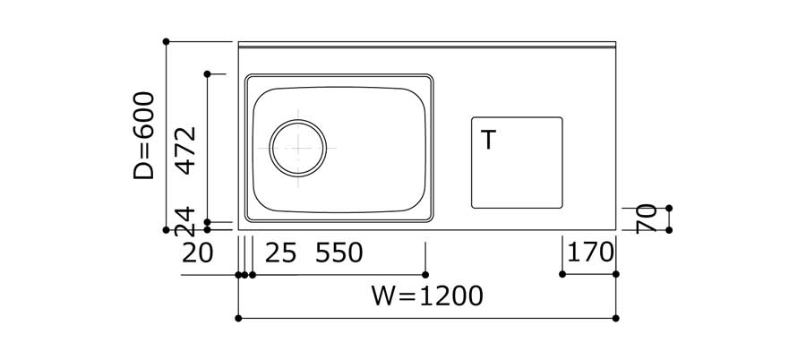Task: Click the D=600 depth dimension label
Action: [x=144, y=135]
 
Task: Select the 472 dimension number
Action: [x=185, y=150]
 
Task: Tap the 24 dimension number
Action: [x=185, y=220]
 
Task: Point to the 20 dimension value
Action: [x=197, y=253]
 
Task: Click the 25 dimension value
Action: [x=280, y=253]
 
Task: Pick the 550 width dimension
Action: [x=339, y=253]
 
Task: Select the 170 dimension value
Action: [x=591, y=253]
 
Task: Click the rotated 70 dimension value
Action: [x=647, y=219]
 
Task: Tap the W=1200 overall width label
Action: [x=427, y=296]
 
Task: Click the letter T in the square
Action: [x=488, y=141]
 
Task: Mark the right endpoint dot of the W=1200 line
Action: [x=616, y=318]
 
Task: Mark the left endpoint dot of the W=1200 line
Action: [x=238, y=318]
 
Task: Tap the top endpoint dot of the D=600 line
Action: [x=167, y=41]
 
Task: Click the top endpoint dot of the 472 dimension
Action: [x=207, y=73]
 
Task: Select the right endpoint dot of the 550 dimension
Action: [x=424, y=274]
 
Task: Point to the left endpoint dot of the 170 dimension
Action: [x=562, y=274]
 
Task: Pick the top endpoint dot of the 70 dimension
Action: [x=669, y=208]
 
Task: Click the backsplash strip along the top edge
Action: [x=427, y=45]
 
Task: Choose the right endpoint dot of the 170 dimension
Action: [x=616, y=274]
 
